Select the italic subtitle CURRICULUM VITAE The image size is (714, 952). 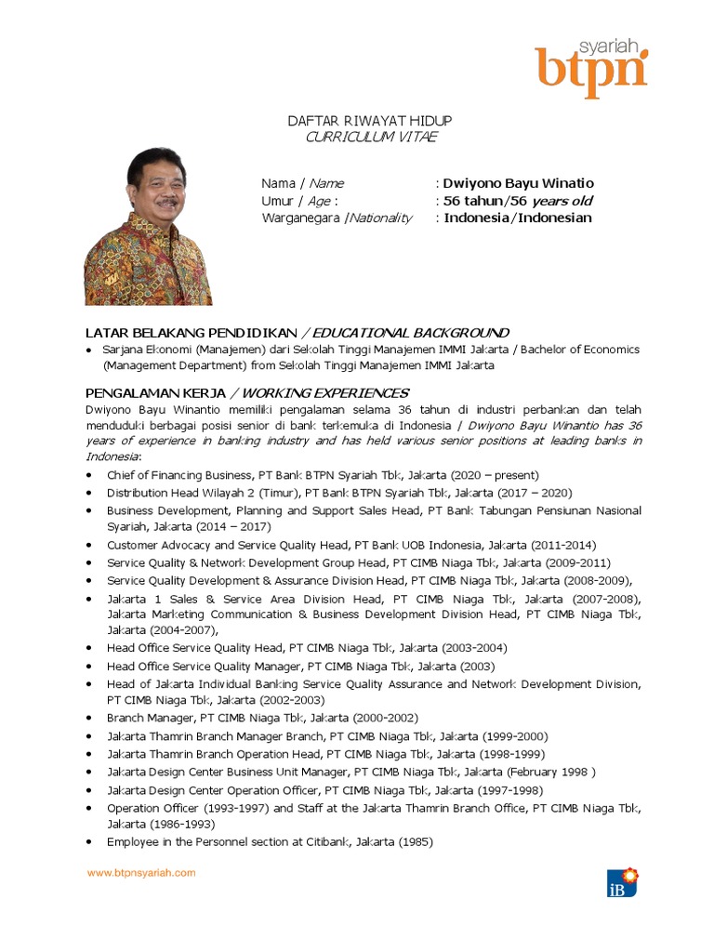[371, 138]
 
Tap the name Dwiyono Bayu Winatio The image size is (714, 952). [518, 183]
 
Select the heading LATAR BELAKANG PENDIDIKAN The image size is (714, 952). [192, 332]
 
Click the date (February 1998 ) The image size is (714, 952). [550, 772]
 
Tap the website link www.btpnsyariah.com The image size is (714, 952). [141, 873]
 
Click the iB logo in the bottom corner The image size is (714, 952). [622, 881]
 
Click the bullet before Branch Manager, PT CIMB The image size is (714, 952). [88, 718]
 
